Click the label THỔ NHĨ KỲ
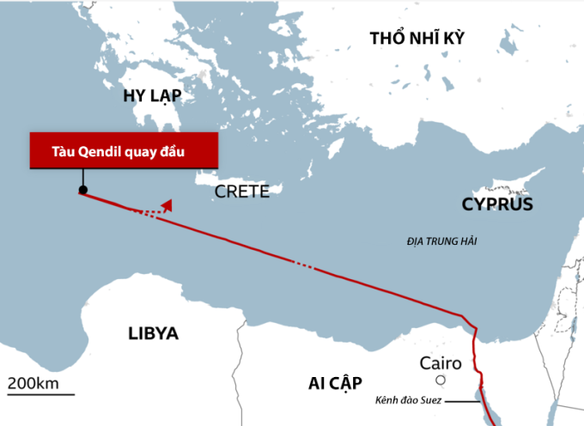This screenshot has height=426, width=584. point(416,39)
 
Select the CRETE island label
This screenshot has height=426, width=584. point(242,192)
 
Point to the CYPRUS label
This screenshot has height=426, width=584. point(497,204)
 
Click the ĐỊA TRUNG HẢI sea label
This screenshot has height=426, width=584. point(441,242)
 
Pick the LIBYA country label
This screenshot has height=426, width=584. point(152,333)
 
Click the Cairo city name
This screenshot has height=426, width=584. point(441,362)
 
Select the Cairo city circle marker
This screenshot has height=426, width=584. point(441,380)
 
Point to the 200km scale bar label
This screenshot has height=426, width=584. point(33,382)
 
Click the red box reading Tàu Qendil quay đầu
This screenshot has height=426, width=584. point(123,151)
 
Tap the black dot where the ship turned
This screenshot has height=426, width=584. point(82,190)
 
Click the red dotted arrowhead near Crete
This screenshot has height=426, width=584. point(168,204)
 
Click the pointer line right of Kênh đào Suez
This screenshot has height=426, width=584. point(461,400)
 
